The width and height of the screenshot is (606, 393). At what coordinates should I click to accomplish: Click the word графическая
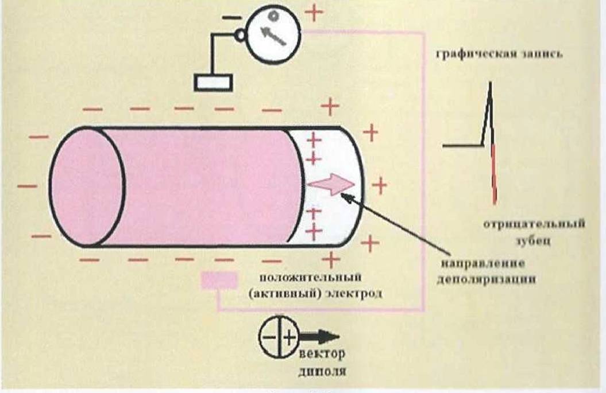coord(476,55)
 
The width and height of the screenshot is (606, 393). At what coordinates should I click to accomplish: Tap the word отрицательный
coord(534,224)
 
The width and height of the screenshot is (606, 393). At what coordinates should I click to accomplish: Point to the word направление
coord(483,264)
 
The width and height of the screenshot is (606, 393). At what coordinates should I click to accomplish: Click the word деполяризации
coord(487,279)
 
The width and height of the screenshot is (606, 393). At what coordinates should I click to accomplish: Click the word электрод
coord(355,294)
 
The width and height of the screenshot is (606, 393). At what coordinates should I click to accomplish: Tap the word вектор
coord(322,353)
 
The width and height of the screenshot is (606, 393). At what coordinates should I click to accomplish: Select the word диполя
coord(322,371)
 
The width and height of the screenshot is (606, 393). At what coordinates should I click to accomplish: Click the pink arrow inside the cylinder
coord(331,185)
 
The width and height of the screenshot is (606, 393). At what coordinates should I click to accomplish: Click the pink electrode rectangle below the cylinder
coord(219,281)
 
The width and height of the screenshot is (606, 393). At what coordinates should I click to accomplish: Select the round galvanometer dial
coord(273,33)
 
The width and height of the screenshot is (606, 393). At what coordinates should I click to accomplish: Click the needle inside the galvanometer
coord(273,36)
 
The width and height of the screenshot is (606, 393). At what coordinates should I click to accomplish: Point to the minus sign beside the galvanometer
coord(232,17)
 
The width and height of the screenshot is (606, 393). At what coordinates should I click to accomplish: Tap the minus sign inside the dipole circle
coord(269,337)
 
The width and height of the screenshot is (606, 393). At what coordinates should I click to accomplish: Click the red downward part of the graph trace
coord(494,174)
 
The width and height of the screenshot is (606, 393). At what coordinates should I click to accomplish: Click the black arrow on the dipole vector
coord(319,337)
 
